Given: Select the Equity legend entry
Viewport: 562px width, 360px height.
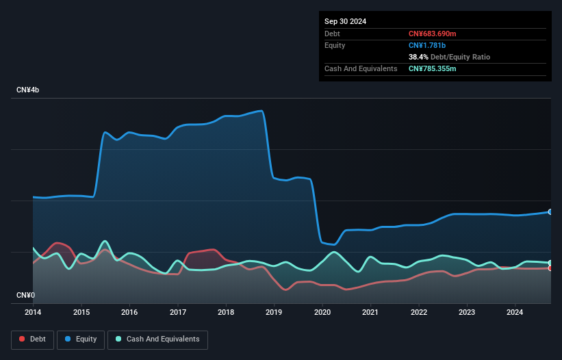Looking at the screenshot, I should point(81,339).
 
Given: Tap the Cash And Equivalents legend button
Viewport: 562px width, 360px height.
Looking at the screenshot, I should point(157,339).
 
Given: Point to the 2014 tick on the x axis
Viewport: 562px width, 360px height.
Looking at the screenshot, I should point(33,313).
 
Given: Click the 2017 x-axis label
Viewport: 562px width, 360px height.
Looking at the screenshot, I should point(177,313).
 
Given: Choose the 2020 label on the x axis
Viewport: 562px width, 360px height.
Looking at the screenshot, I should point(322,313).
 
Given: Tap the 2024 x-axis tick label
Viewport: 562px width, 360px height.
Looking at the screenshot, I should point(515,313).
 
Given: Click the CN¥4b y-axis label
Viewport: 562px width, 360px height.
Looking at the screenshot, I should point(28,90).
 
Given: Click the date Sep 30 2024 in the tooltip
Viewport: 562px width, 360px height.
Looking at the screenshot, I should point(345,21).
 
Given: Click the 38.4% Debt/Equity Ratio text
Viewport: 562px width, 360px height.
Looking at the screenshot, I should point(449,57).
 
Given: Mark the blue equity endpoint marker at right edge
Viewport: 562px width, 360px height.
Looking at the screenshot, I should point(550,212).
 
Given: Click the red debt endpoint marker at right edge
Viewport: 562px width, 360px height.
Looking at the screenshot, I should point(550,268).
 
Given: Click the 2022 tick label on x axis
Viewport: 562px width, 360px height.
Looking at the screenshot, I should point(419,313).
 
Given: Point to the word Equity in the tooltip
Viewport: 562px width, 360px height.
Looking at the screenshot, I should point(335,45).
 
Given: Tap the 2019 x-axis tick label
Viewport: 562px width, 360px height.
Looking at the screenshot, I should point(274,313).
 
